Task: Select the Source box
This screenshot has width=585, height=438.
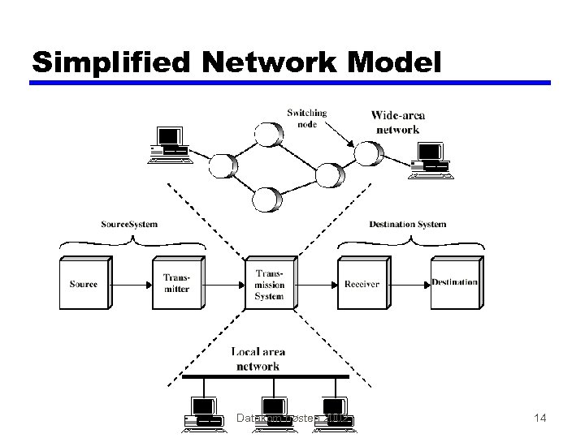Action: [x=84, y=283]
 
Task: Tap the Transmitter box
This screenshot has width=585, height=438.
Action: [x=176, y=283]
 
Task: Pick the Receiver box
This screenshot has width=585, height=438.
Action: [x=362, y=283]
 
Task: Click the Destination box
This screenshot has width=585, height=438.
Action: [x=454, y=282]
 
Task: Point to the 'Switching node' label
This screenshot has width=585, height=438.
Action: [x=306, y=118]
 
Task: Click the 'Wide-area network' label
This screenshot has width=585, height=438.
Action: [x=397, y=122]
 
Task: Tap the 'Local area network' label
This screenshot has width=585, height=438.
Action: [x=258, y=359]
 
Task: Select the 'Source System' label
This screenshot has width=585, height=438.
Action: [x=129, y=224]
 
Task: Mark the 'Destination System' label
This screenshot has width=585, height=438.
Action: [x=407, y=224]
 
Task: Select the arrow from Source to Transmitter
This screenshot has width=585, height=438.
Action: [x=132, y=284]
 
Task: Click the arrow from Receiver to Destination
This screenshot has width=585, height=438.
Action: [x=410, y=284]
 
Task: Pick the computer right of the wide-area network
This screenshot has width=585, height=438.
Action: [x=430, y=159]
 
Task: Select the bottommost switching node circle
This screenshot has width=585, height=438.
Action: [x=266, y=199]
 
